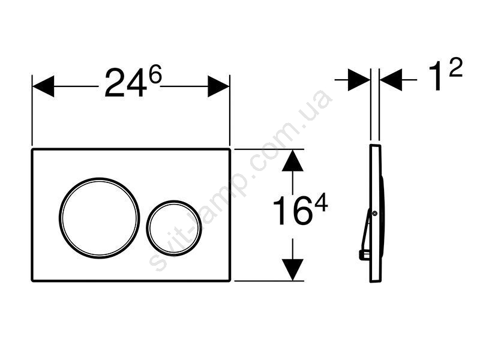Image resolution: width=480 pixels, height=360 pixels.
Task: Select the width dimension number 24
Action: point(125,83)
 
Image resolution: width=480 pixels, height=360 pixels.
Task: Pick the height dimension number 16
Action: point(290,211)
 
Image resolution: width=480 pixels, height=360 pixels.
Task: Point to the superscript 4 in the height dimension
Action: point(321,204)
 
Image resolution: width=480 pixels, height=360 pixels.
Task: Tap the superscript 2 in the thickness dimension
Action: point(455,68)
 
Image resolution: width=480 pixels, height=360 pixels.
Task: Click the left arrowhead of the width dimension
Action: point(43,86)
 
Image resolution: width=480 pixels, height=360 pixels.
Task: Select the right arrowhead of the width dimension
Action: point(218,86)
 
